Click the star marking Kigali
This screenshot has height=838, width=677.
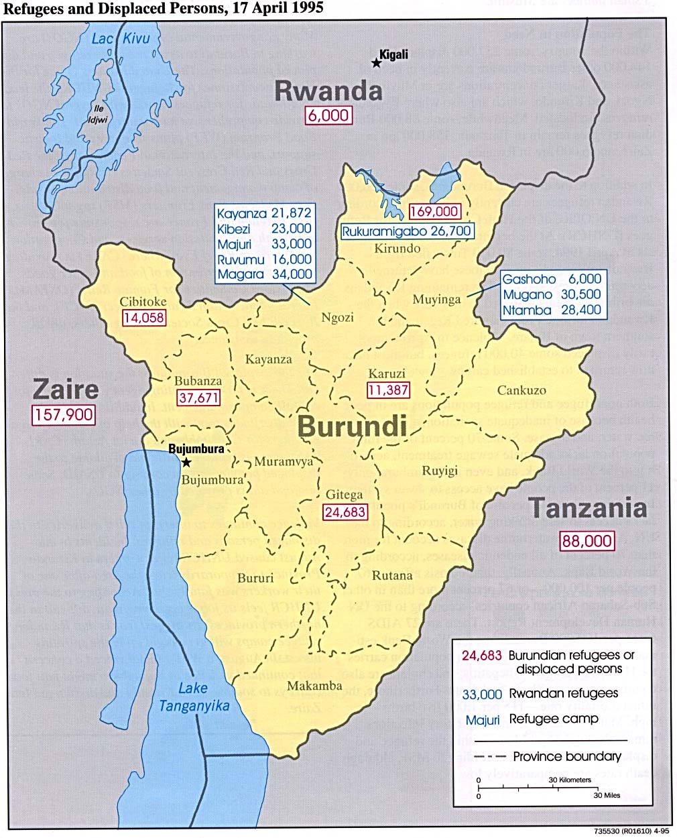coord(376,62)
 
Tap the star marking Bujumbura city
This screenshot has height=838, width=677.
coord(186,463)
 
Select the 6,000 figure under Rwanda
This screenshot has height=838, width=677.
coord(328,115)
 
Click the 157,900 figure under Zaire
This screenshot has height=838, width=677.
coord(64,414)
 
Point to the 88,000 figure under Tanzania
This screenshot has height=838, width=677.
coord(587,540)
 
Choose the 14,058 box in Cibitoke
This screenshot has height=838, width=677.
coord(143,318)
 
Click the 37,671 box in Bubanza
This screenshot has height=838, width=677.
coord(198,398)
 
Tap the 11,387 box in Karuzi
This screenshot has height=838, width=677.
coord(388,390)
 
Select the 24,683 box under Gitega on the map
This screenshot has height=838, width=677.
coord(345,512)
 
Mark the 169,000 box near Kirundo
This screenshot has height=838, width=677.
coord(434,211)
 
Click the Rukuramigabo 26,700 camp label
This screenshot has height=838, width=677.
coord(406,231)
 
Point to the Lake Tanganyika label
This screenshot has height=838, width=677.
coord(194,697)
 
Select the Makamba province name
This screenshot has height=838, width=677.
coord(314,686)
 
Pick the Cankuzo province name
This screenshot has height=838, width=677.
coord(521,390)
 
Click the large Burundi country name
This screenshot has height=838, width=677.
coord(352,426)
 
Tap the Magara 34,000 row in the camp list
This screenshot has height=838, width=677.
coord(264,274)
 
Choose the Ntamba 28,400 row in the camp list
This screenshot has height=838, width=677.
coord(552,310)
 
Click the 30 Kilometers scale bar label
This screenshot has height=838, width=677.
coord(570,780)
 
